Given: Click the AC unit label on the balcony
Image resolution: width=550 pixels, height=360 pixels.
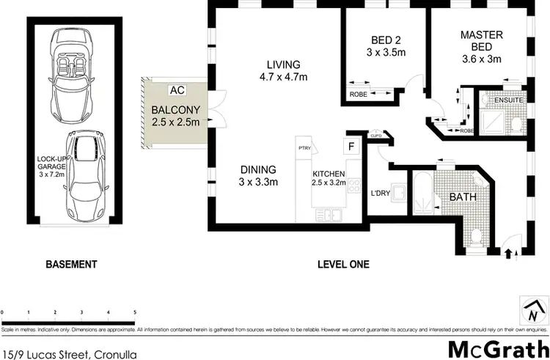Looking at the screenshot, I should [x=176, y=90].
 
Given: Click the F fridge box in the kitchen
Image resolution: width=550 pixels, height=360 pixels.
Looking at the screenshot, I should [x=351, y=145].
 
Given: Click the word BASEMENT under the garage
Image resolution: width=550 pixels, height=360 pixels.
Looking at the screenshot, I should [x=71, y=264].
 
